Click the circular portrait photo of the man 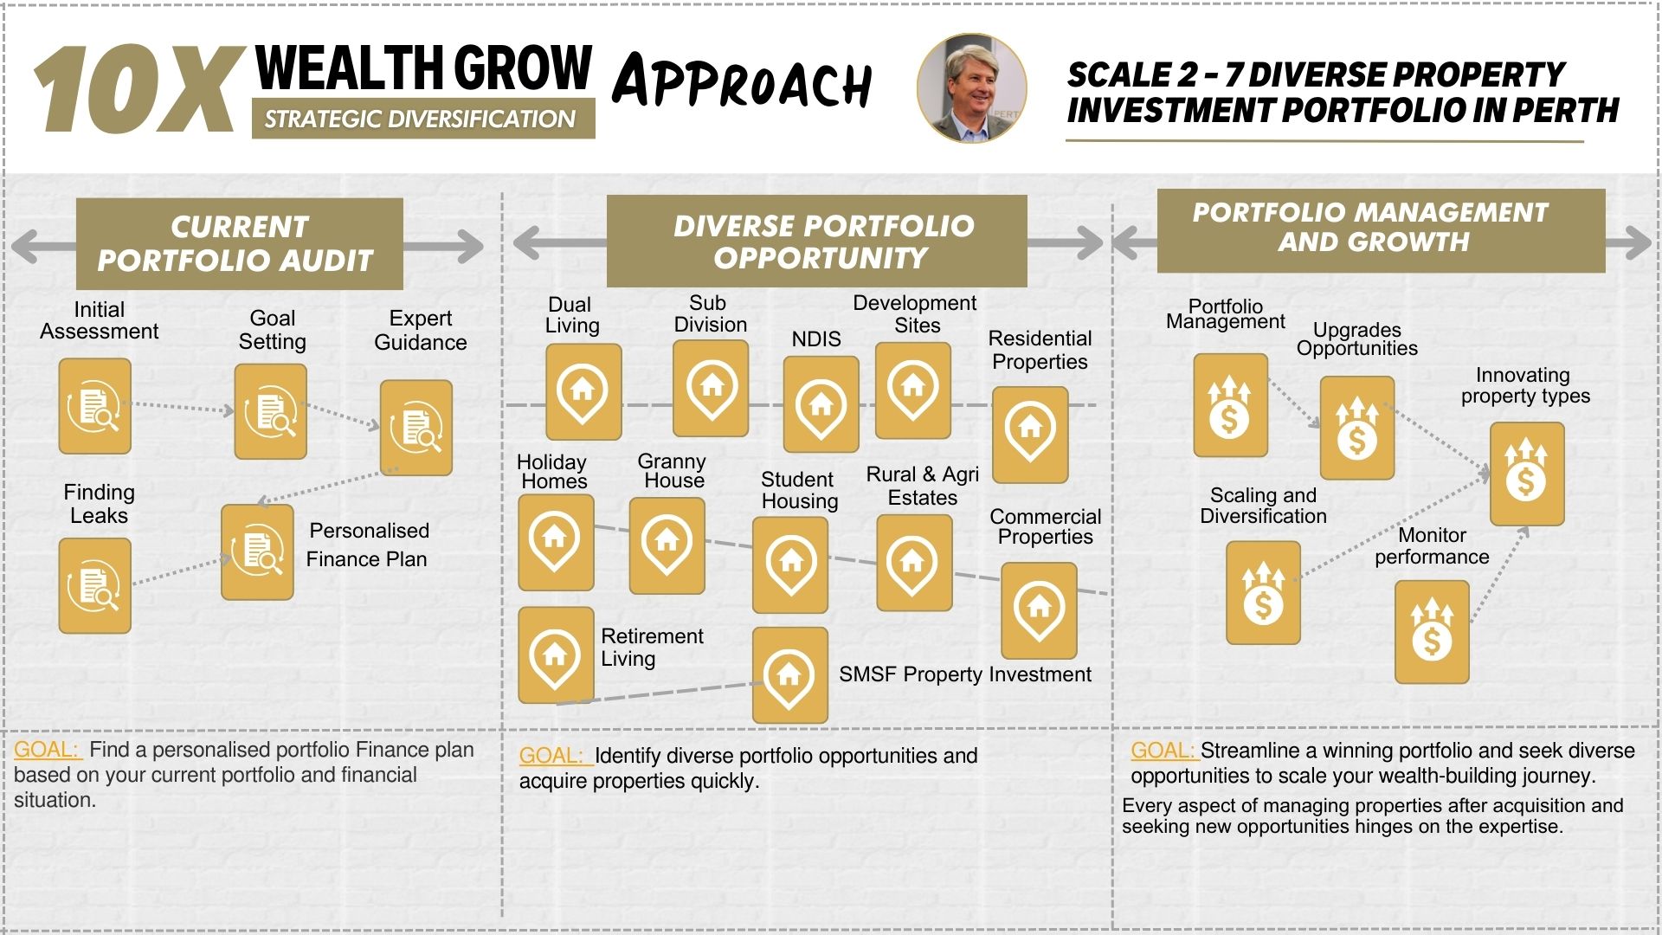(971, 87)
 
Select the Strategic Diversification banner (423, 119)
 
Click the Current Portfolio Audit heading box (240, 243)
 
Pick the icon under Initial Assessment (95, 406)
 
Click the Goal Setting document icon (271, 411)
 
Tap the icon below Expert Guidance (416, 428)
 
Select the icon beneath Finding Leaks (95, 585)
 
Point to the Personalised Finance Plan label (368, 545)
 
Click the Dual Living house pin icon (583, 391)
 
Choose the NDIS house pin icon (821, 404)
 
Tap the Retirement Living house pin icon (556, 655)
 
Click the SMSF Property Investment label (965, 674)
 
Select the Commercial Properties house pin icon (1039, 610)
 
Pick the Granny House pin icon (667, 545)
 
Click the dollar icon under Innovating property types (1527, 474)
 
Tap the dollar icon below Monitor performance (1432, 632)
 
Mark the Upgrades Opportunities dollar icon (1357, 428)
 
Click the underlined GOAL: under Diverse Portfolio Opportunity (556, 756)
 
